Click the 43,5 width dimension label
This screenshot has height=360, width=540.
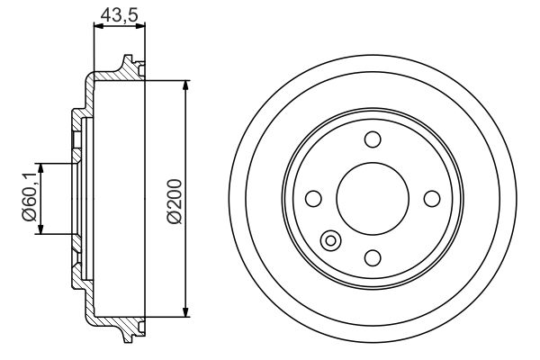119,15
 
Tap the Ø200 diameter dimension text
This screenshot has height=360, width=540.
175,202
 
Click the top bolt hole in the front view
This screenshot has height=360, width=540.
373,139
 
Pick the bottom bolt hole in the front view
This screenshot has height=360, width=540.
373,257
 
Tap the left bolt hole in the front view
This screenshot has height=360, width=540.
313,199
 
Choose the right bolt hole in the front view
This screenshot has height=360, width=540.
432,199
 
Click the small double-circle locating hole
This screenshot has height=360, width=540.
330,240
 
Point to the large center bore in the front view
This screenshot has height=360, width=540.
373,199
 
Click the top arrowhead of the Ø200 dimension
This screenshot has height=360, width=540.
186,85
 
